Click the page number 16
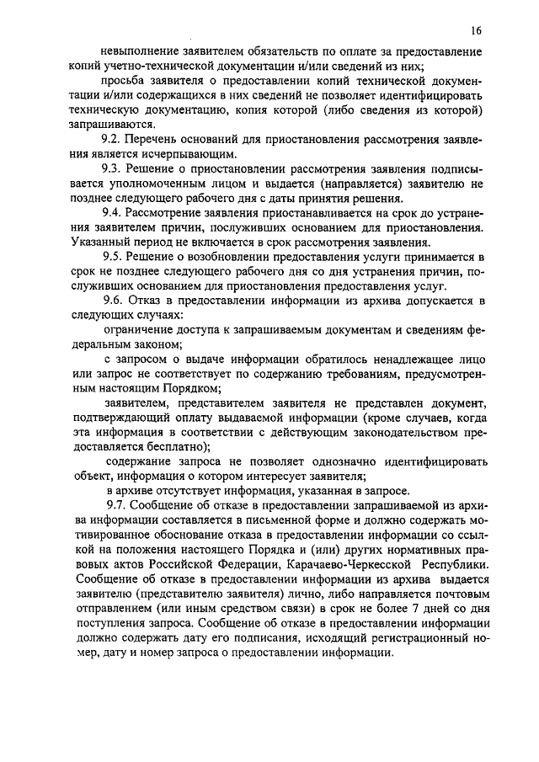click(x=476, y=31)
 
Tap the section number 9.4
click(x=114, y=212)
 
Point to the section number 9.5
click(x=114, y=255)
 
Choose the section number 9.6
click(x=114, y=299)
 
